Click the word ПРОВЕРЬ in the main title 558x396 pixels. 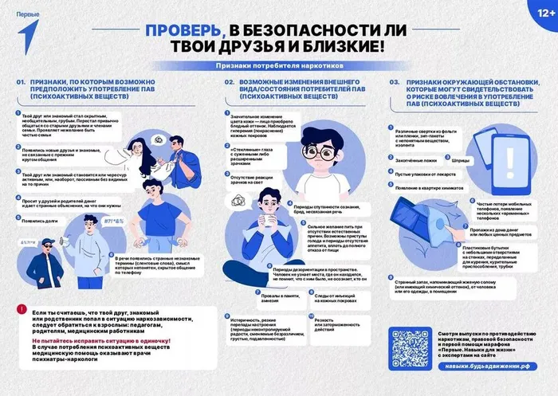[181, 30]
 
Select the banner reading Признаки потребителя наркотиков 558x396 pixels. [278, 67]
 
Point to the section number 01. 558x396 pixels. [22, 82]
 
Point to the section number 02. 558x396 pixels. [228, 82]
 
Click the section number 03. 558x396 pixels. [394, 82]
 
